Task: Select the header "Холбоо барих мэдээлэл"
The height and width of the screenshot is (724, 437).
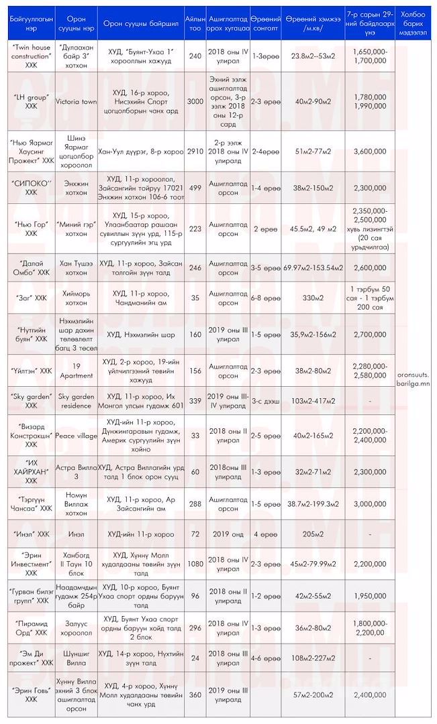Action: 415,25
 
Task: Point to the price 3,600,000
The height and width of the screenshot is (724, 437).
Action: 369,152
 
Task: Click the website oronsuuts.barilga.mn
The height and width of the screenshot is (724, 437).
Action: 415,371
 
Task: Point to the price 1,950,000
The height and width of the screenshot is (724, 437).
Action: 369,595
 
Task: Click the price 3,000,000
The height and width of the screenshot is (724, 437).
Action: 369,503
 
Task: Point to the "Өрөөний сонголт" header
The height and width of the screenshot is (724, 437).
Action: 266,25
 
